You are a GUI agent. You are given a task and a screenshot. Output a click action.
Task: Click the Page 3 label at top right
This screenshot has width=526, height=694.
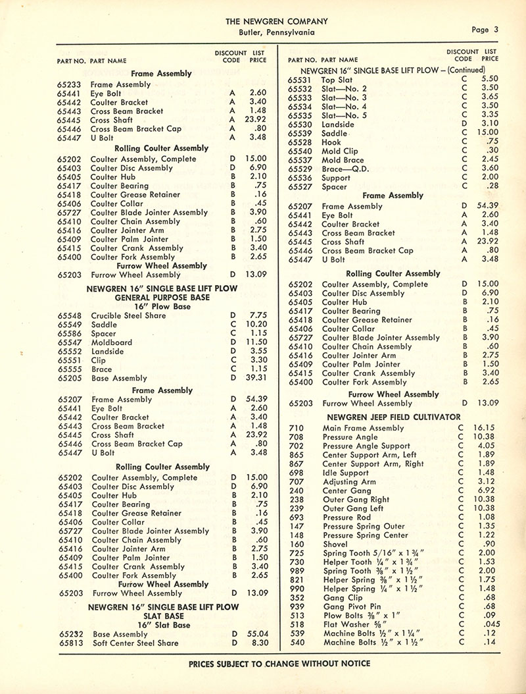485,29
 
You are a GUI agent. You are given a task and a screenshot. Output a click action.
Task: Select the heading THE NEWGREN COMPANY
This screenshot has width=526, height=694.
277,20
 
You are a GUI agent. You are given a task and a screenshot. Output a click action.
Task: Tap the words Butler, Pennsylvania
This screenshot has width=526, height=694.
277,32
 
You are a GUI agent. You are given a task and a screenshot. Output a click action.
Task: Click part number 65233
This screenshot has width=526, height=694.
69,85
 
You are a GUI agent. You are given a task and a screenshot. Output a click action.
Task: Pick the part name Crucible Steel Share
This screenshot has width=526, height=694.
128,316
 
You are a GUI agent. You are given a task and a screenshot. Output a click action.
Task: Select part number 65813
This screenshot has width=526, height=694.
70,643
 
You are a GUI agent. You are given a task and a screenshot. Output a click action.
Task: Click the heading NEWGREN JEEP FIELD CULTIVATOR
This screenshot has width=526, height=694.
394,417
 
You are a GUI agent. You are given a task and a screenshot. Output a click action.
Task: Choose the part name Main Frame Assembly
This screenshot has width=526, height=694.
364,429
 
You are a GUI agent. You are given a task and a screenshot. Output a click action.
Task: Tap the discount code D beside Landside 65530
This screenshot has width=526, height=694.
464,124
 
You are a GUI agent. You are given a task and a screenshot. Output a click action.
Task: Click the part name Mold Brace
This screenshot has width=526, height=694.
343,160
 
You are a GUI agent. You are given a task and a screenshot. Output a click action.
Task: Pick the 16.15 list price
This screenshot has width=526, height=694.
487,428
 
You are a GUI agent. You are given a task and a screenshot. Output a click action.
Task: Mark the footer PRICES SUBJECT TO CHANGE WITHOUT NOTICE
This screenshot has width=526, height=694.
279,663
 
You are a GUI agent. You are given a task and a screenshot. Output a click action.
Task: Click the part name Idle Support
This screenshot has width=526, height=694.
346,473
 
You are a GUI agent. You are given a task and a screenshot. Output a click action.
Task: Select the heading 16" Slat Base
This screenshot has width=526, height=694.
163,625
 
